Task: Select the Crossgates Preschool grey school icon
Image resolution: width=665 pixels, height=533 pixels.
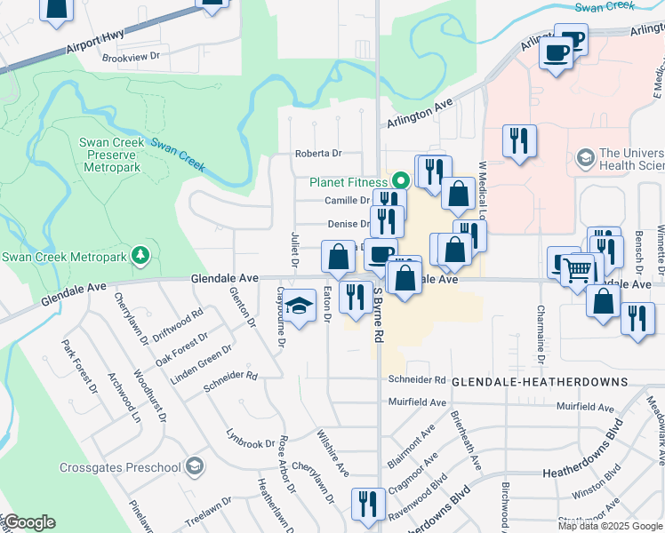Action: coord(195,467)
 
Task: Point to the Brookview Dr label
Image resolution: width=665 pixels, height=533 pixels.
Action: coord(130,56)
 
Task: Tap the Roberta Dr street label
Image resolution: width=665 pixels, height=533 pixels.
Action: coord(318,153)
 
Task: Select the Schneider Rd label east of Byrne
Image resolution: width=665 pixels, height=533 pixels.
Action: coord(416,379)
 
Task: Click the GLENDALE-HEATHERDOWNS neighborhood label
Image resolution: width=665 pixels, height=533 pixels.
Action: coord(540,381)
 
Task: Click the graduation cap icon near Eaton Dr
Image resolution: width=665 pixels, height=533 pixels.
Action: coord(300,306)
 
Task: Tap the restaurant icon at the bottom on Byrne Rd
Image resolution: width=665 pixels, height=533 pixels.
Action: coord(366,505)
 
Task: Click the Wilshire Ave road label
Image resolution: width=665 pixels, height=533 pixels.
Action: coord(332,450)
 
